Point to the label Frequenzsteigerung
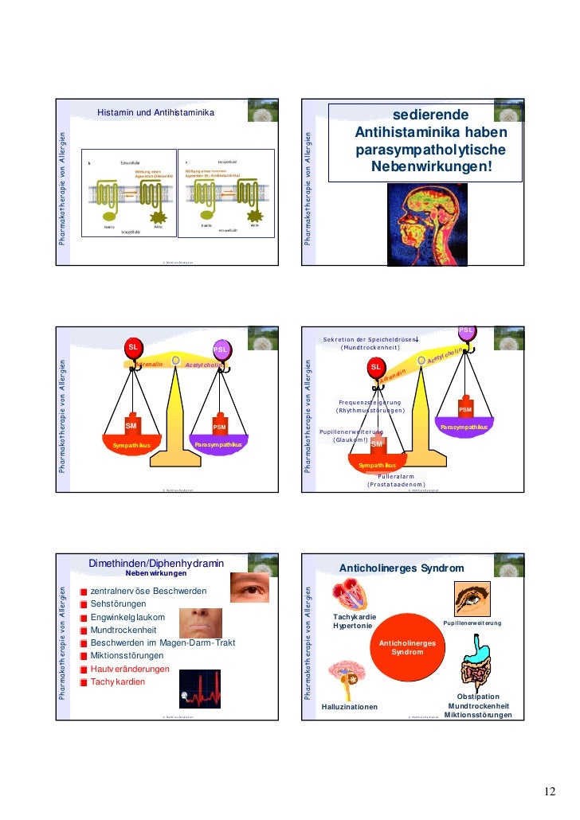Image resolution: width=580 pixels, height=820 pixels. [370, 403]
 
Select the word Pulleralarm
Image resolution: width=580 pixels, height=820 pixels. [396, 476]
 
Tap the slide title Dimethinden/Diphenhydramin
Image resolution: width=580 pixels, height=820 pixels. [156, 564]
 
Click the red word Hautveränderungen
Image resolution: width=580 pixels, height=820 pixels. [130, 670]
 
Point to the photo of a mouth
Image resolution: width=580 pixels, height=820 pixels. [200, 623]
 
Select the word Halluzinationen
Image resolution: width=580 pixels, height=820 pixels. [350, 707]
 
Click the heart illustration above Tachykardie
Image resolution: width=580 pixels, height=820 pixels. [350, 595]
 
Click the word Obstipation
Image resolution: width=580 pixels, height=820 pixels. [478, 697]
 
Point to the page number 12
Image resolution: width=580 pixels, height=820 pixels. [550, 791]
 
